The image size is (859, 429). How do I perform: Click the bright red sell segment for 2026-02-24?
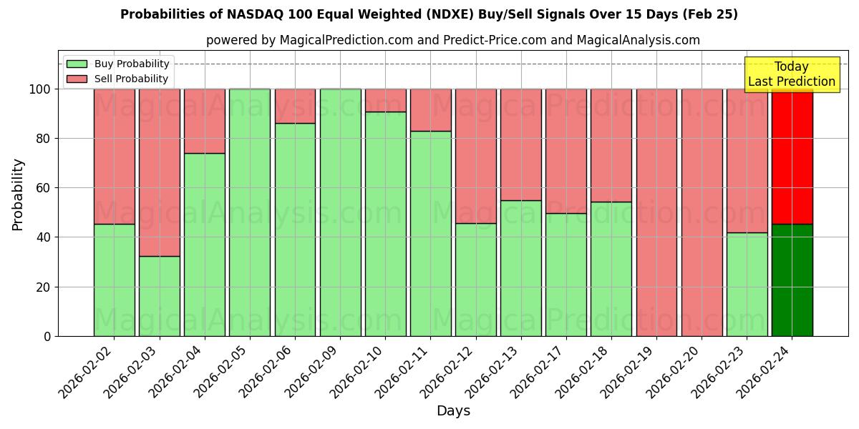(x=792, y=156)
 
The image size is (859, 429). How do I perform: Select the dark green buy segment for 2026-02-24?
(x=792, y=280)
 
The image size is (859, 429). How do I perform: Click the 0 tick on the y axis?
(x=47, y=336)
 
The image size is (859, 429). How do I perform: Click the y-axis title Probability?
(x=18, y=194)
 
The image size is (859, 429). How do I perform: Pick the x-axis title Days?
(x=453, y=411)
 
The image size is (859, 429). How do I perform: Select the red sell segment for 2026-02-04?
(x=205, y=121)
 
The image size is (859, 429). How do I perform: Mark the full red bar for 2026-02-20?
(x=702, y=212)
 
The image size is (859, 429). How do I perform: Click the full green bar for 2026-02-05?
(x=250, y=212)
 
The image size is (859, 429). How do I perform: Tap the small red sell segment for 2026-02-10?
(x=385, y=100)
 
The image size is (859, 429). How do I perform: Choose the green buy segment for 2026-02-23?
(x=747, y=285)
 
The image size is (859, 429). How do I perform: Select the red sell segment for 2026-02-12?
(x=475, y=156)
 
